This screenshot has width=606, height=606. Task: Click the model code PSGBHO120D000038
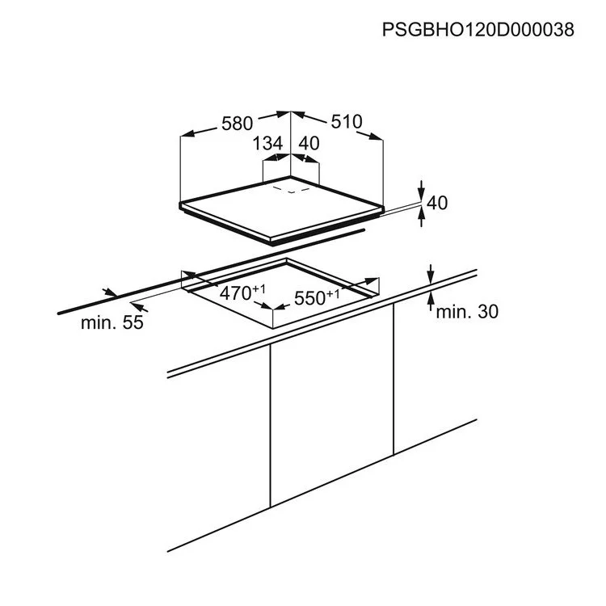(478, 29)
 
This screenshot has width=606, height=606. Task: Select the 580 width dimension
(237, 124)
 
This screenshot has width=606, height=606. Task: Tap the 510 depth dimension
(347, 121)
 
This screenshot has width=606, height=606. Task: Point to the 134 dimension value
(267, 143)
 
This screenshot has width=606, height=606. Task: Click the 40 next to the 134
(309, 143)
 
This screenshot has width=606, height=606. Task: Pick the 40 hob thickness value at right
(437, 203)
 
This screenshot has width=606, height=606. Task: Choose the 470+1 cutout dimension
(242, 292)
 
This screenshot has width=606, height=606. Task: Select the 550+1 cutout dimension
(317, 297)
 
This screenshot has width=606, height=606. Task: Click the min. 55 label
(112, 322)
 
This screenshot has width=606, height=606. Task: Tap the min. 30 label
(467, 312)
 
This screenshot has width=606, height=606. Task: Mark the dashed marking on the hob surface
(291, 190)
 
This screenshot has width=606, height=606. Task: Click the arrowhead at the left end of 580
(187, 133)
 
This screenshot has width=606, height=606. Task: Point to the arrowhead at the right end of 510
(376, 137)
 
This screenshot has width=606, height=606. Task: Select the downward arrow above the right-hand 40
(421, 191)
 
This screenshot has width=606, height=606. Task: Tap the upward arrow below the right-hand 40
(421, 217)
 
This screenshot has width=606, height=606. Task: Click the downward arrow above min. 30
(430, 274)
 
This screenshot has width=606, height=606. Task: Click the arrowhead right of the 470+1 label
(267, 305)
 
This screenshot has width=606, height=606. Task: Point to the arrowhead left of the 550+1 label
(280, 307)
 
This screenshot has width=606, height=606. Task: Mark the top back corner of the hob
(290, 177)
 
